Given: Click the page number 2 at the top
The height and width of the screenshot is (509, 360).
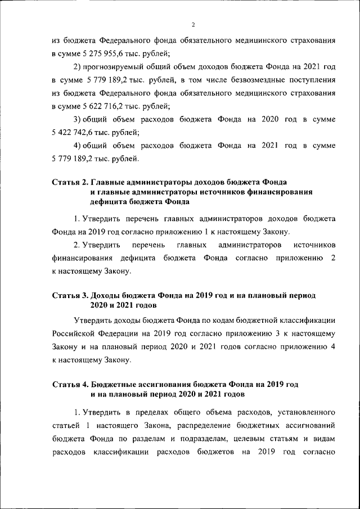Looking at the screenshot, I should pos(192,25).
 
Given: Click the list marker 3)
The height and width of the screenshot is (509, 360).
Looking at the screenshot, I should pos(79,120).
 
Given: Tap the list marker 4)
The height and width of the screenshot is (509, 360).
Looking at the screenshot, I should pos(79,146).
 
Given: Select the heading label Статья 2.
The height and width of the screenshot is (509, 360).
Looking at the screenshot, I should pos(69,182).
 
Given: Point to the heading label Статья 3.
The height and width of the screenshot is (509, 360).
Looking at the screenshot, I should pos(69,294).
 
